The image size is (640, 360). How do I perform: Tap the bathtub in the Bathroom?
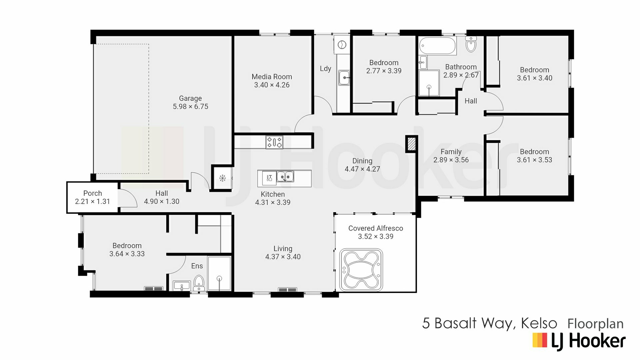tap(438, 46)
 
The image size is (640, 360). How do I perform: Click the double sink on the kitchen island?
tap(285, 176)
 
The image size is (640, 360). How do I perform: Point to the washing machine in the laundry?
tap(342, 45)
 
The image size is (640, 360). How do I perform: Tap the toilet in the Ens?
tap(199, 283)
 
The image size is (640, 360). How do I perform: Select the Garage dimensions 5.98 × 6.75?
tap(190, 107)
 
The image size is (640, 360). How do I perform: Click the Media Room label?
tap(272, 77)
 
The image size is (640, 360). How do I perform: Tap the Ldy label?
tap(325, 69)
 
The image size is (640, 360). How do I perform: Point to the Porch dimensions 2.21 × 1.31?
tap(92, 201)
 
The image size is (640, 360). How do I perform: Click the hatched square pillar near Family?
tap(411, 144)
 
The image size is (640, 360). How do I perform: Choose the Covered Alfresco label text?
tap(376, 228)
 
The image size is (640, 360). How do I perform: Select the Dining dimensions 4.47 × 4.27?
tap(362, 169)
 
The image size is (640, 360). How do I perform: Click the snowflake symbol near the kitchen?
tap(223, 178)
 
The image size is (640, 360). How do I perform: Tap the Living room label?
tap(283, 249)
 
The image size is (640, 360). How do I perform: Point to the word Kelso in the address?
tap(539, 323)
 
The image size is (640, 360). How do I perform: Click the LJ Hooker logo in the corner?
tap(579, 341)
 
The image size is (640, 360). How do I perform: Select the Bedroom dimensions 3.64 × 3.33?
tap(127, 254)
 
